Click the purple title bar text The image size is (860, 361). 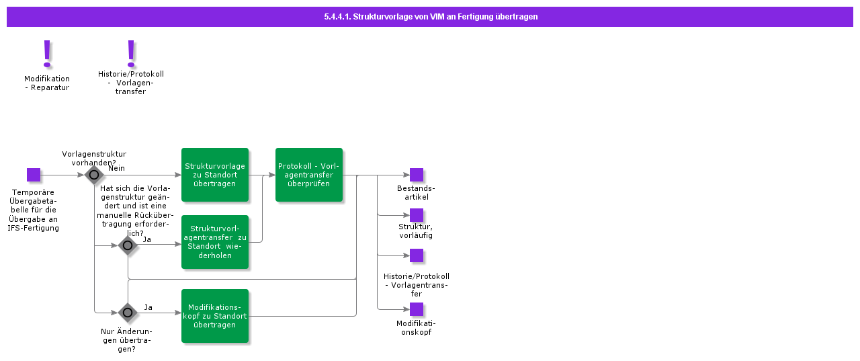pyautogui.click(x=430, y=17)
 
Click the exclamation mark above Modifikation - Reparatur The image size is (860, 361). pyautogui.click(x=47, y=53)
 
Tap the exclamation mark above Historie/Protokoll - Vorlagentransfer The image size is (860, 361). pyautogui.click(x=131, y=53)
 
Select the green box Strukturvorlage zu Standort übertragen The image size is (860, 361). pyautogui.click(x=215, y=175)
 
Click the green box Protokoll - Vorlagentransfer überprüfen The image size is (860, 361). pyautogui.click(x=309, y=175)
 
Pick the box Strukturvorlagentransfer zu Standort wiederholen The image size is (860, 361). pyautogui.click(x=215, y=242)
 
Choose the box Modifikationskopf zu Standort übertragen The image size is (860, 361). pyautogui.click(x=215, y=316)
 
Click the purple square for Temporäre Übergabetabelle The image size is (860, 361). pyautogui.click(x=34, y=175)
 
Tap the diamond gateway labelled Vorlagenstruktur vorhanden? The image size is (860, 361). pyautogui.click(x=94, y=175)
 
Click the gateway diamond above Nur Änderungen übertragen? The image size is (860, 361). pyautogui.click(x=128, y=313)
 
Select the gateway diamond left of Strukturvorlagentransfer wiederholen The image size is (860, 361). pyautogui.click(x=128, y=245)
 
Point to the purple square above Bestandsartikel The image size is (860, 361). pyautogui.click(x=417, y=175)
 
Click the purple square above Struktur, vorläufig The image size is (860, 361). pyautogui.click(x=417, y=215)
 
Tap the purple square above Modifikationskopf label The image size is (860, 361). pyautogui.click(x=417, y=309)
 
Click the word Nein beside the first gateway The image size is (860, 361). pyautogui.click(x=116, y=168)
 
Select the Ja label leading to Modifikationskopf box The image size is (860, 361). pyautogui.click(x=148, y=307)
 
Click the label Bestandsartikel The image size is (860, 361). pyautogui.click(x=416, y=192)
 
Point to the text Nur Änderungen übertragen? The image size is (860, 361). pyautogui.click(x=126, y=339)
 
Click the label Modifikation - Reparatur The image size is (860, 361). pyautogui.click(x=47, y=83)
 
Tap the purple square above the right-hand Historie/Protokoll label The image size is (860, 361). pyautogui.click(x=417, y=255)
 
